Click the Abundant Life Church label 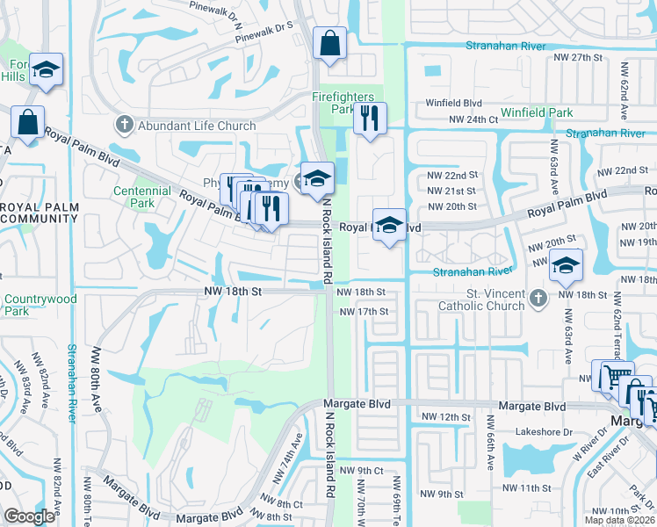coord(197,126)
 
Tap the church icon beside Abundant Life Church coord(126,126)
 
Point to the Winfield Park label coord(537,112)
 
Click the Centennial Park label coord(141,197)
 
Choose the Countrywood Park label coord(40,305)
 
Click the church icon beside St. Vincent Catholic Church coord(539,301)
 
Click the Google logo coord(29,516)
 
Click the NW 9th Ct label coord(365,472)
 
